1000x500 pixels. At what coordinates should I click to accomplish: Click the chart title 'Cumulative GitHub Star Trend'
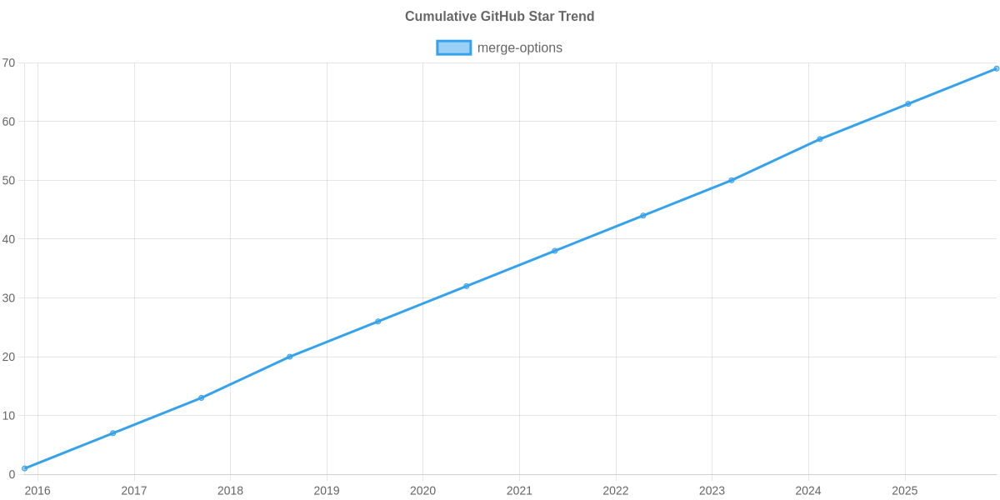tap(499, 17)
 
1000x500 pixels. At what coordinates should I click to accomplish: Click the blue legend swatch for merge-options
tap(453, 47)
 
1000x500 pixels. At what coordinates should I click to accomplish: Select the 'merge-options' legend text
tap(519, 47)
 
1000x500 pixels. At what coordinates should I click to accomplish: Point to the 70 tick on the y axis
tap(9, 63)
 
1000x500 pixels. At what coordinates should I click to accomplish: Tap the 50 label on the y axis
tap(9, 181)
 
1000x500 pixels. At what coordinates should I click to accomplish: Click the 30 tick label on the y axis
tap(9, 298)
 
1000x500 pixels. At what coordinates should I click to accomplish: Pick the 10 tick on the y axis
tap(9, 416)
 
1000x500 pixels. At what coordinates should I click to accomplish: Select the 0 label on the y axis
tap(12, 475)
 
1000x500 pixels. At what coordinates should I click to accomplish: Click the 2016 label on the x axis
tap(37, 491)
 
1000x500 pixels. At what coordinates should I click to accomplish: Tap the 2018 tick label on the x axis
tap(230, 491)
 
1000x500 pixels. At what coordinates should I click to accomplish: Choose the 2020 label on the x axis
tap(422, 491)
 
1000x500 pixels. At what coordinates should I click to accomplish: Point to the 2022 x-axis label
tap(616, 491)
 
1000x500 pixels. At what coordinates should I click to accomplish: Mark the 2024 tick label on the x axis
tap(808, 491)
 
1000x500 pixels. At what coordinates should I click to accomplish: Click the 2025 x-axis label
tap(905, 491)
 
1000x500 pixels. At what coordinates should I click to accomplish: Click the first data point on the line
tap(25, 468)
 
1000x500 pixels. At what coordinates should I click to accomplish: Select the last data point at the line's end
tap(996, 68)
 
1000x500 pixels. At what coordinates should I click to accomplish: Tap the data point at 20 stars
tap(290, 357)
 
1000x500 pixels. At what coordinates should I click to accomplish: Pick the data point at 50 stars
tap(731, 180)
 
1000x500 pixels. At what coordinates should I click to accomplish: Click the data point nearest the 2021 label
tap(554, 251)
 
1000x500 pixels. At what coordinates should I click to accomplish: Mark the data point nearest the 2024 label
tap(819, 139)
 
